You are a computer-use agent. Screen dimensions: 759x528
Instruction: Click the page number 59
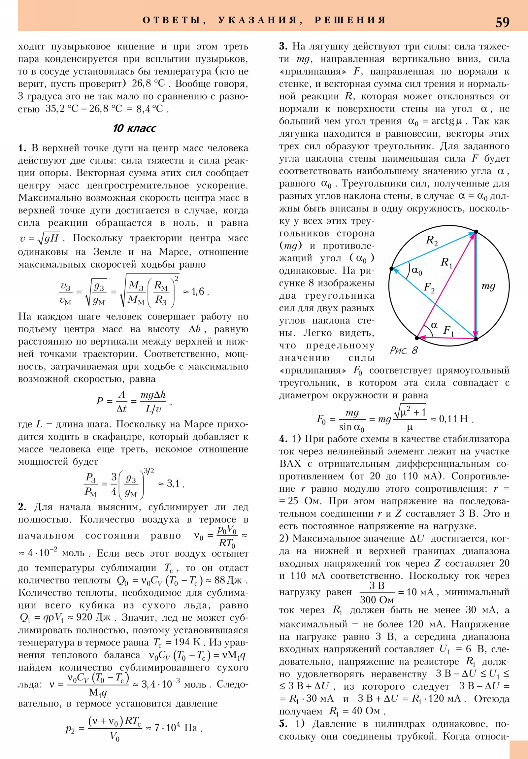coord(502,22)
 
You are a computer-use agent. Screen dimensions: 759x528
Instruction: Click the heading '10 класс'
coord(134,128)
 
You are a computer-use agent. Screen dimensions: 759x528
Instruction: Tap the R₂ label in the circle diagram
coord(431,240)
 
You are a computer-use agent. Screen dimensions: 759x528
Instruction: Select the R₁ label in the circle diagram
coord(446,263)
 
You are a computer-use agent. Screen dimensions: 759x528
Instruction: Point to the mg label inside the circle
coord(488,286)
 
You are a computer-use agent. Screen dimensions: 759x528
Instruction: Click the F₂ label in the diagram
coord(429,288)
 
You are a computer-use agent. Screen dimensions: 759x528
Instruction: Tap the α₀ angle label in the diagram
coord(417,271)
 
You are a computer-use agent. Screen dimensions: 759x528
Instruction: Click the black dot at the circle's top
coord(476,232)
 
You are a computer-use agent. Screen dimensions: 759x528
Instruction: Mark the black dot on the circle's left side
coord(391,268)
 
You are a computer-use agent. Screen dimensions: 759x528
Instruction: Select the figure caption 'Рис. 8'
coord(404,350)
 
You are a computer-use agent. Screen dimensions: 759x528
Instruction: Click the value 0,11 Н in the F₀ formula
coord(453,419)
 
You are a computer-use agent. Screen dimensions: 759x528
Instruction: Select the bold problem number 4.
coord(283,439)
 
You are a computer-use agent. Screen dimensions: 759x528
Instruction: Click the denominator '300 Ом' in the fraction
coord(377,600)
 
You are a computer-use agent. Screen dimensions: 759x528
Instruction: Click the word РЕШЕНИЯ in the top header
coord(350,20)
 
